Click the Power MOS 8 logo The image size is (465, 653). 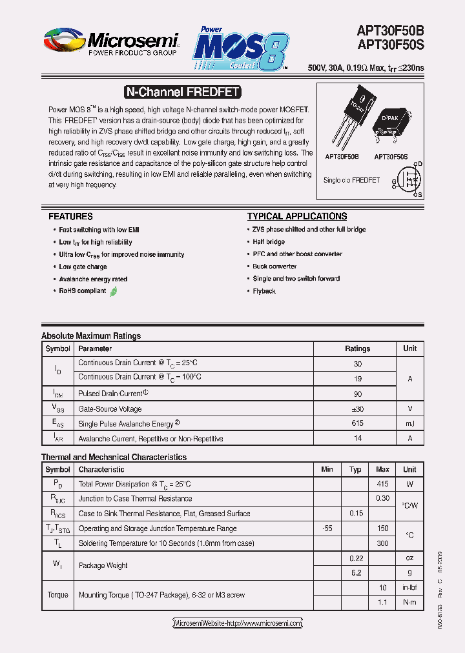click(240, 48)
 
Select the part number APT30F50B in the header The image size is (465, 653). click(390, 30)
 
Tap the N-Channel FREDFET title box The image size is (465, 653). click(181, 92)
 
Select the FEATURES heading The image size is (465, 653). click(70, 217)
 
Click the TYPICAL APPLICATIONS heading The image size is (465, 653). click(297, 217)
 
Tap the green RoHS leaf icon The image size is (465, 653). click(114, 291)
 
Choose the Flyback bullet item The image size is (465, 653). click(264, 291)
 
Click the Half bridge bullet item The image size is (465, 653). click(269, 242)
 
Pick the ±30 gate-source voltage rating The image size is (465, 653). click(357, 408)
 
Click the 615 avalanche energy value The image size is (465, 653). click(357, 423)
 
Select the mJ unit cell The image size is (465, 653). click(409, 423)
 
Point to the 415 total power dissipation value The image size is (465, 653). click(382, 483)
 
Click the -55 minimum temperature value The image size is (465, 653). click(327, 528)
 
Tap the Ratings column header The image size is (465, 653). click(357, 348)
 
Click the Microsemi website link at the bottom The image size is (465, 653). click(238, 623)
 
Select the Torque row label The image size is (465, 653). click(57, 595)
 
